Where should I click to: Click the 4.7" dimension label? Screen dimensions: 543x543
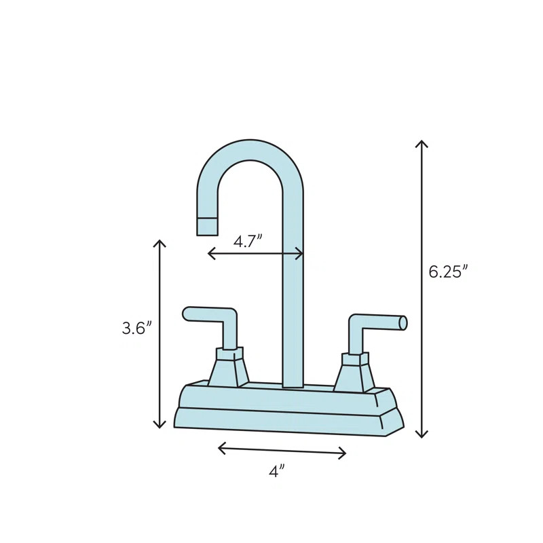pos(248,241)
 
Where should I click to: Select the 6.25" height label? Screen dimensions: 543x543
pos(448,271)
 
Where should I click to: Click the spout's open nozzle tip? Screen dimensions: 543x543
pos(207,227)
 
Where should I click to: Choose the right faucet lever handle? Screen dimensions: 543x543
pos(377,322)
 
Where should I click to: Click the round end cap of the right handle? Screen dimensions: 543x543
pos(403,323)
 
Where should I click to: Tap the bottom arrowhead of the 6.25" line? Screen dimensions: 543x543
pos(422,435)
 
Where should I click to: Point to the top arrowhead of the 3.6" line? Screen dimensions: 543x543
pos(160,242)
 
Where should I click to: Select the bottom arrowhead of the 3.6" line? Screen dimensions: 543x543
pos(160,426)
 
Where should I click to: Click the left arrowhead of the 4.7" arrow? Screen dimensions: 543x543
pos(210,254)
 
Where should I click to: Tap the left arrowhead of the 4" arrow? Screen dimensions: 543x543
pos(221,447)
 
